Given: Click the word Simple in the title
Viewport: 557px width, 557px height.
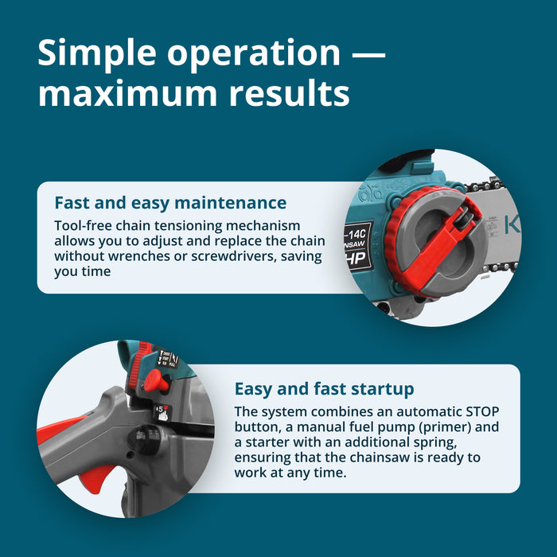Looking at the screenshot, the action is (x=97, y=54).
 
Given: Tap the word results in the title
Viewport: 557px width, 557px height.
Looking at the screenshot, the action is (x=289, y=93).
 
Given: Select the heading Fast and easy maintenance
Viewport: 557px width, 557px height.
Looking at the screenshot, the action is (x=170, y=203).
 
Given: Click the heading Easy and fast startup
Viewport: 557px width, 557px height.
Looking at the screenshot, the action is (x=325, y=389).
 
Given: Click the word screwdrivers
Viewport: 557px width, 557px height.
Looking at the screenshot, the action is (x=234, y=256).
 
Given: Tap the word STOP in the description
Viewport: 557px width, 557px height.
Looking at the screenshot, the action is (x=482, y=411).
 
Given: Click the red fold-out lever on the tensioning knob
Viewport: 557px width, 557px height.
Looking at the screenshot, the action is (x=447, y=245).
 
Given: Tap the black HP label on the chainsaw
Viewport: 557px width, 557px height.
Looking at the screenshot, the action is (x=358, y=259).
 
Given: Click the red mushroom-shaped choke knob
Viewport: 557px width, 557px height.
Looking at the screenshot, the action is (x=155, y=381).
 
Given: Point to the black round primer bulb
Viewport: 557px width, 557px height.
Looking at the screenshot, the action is (x=145, y=439).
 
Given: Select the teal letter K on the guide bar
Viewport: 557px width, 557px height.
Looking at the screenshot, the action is (x=512, y=225).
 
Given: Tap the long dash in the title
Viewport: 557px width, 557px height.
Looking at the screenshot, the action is (x=368, y=55).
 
